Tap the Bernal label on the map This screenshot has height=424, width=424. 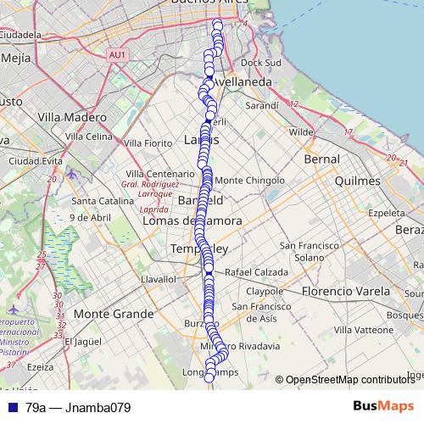(x=321, y=159)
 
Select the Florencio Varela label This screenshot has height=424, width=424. (x=337, y=291)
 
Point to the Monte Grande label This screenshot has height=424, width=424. (x=114, y=313)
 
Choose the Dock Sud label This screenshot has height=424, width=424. (x=260, y=62)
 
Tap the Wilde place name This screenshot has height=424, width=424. (x=301, y=131)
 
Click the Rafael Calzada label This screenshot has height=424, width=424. (x=256, y=272)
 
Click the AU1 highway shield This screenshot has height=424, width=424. (x=117, y=55)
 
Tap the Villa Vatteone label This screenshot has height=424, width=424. (x=365, y=328)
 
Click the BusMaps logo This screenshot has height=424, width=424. (x=382, y=406)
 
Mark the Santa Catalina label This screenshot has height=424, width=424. (x=100, y=201)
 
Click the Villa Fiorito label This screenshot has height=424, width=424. (x=147, y=143)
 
